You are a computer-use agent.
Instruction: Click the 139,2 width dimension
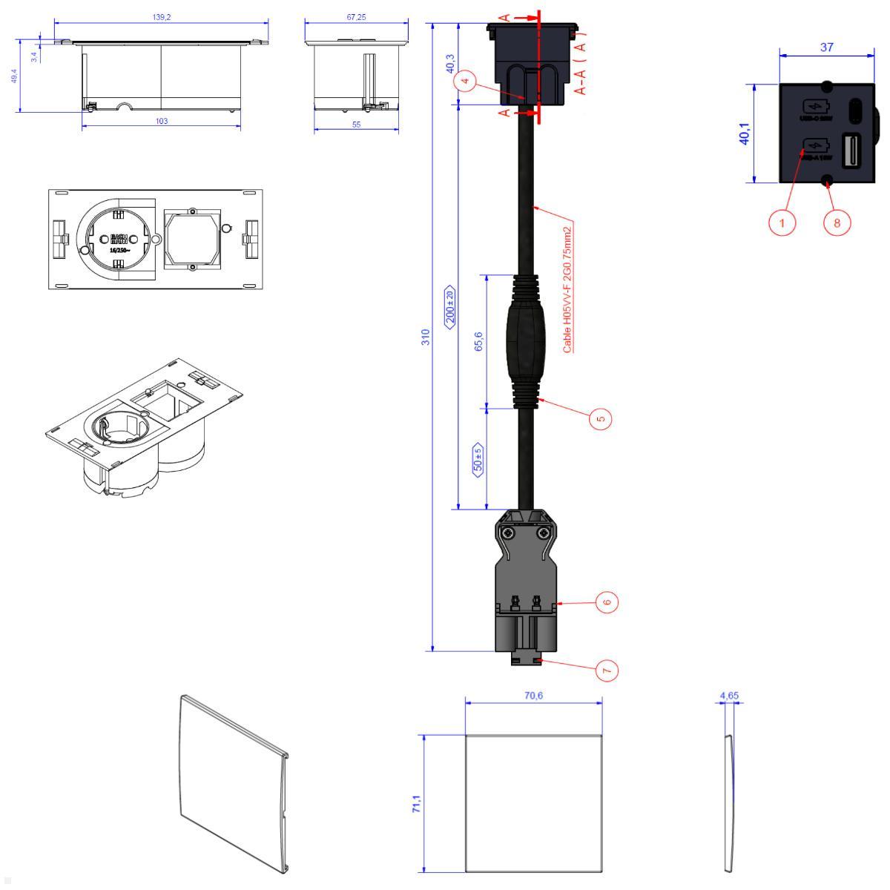click(161, 16)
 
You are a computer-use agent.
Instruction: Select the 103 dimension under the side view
click(161, 121)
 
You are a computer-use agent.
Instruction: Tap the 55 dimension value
click(357, 125)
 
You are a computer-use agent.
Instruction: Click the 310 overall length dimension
click(426, 338)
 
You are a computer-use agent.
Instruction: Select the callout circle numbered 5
click(601, 418)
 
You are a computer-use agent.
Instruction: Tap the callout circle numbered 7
click(607, 670)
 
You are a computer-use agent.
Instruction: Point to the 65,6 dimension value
click(479, 341)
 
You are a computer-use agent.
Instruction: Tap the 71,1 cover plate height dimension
click(417, 804)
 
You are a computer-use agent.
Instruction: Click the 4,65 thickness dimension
click(729, 696)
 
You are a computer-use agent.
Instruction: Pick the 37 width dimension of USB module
click(826, 47)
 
